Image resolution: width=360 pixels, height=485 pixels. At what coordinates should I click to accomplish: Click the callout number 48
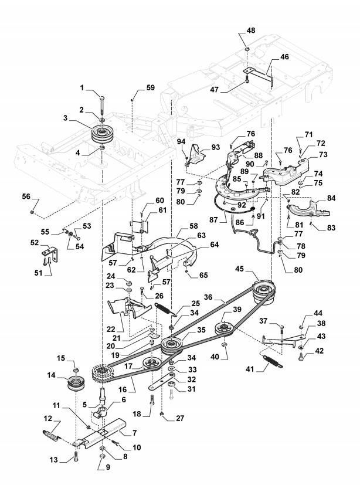(250, 30)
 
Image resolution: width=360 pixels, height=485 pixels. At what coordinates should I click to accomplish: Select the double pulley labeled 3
(101, 134)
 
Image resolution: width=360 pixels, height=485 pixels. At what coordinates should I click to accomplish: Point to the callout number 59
(150, 87)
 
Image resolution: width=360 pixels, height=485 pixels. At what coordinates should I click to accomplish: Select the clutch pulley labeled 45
(263, 292)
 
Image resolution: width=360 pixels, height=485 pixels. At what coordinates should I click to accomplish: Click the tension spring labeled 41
(273, 362)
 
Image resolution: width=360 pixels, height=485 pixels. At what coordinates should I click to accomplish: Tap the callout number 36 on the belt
(208, 297)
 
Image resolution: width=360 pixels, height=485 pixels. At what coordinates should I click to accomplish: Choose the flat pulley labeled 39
(225, 328)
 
